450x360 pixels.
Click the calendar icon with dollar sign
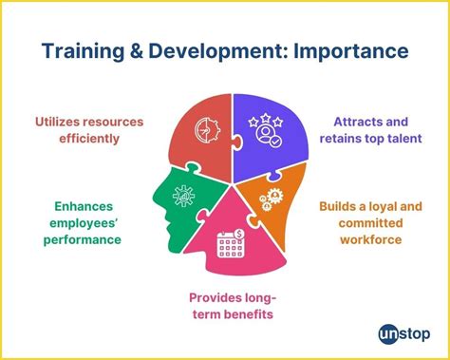[231, 244]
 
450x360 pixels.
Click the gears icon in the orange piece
[268, 198]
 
